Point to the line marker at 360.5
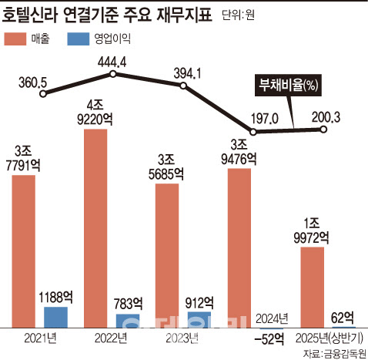44,95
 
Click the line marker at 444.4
113,74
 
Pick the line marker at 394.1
183,87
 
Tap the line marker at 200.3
323,129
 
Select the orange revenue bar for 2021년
24,251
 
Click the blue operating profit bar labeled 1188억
55,316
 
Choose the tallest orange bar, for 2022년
95,227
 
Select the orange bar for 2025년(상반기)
311,286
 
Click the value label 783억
128,302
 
